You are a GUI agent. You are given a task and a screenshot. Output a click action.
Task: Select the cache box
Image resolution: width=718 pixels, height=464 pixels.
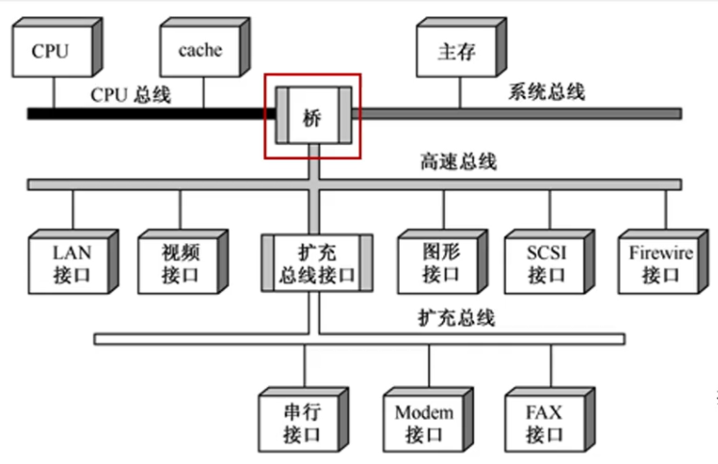click(200, 51)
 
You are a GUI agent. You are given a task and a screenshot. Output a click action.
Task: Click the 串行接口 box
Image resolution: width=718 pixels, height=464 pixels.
click(304, 422)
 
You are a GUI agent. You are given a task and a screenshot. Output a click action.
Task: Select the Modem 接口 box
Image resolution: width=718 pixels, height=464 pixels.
click(424, 422)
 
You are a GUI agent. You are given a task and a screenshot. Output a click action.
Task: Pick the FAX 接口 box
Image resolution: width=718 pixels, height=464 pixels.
click(544, 422)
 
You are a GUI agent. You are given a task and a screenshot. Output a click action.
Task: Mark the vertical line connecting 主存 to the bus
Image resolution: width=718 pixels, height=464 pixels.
click(459, 92)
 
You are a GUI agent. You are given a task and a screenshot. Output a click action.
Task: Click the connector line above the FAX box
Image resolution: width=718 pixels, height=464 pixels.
click(551, 365)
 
